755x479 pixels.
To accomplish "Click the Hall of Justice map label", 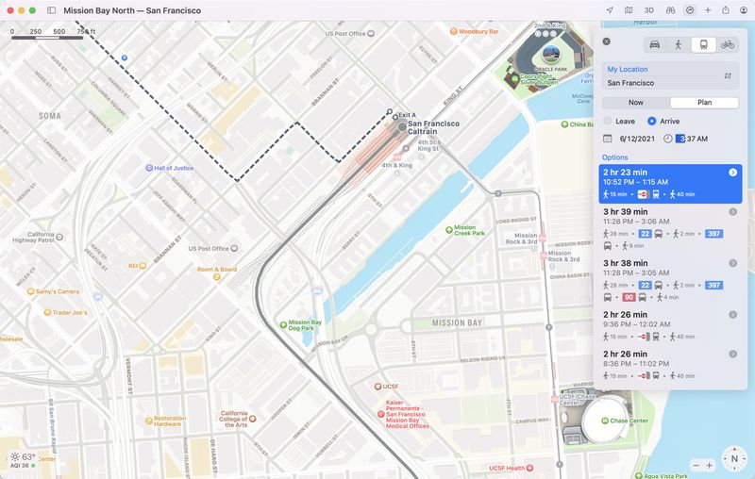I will point(174,168).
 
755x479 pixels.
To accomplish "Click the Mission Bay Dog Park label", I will point(304,326).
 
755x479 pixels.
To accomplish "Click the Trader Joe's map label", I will point(69,312).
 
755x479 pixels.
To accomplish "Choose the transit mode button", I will point(703,44).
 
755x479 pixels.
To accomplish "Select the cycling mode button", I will point(728,44).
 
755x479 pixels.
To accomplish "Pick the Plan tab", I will point(704,103).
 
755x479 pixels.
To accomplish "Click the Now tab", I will point(636,103).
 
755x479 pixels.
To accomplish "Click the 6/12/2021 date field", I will point(637,139).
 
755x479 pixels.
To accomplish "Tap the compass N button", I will point(733,459).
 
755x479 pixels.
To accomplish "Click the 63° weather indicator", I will point(23,456).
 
